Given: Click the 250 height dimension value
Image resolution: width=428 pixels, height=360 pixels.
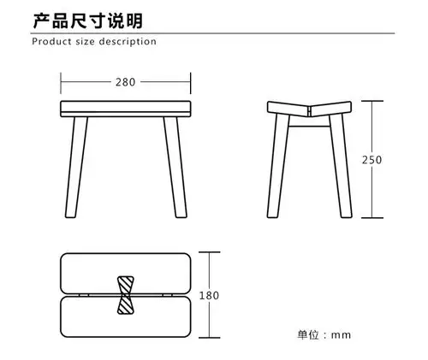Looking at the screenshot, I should (x=371, y=160).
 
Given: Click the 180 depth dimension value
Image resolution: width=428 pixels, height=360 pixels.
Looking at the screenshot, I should (x=209, y=295).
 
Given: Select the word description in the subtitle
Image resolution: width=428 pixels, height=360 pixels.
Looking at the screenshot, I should (x=129, y=41).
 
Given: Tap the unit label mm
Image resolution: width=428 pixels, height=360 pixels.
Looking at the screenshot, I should (x=342, y=334).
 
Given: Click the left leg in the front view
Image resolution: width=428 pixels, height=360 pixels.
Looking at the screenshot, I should (x=79, y=168).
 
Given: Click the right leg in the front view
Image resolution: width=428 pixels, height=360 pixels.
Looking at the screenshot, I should (x=175, y=168).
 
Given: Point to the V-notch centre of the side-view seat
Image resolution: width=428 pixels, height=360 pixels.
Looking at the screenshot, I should (x=310, y=111).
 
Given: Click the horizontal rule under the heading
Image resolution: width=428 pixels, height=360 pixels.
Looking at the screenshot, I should (x=214, y=32).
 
